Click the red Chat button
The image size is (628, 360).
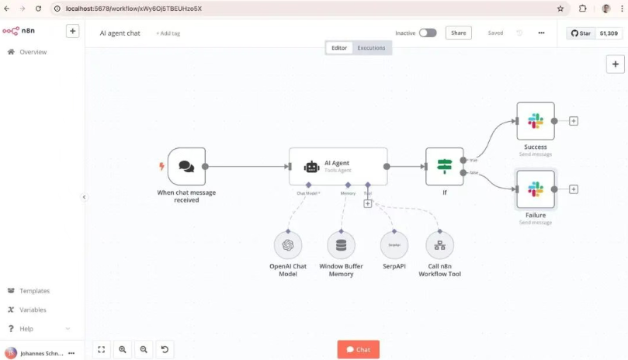tap(358, 350)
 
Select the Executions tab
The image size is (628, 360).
tap(371, 48)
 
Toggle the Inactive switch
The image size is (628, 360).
tap(427, 33)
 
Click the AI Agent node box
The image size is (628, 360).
tap(338, 166)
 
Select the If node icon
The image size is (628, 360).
tap(444, 166)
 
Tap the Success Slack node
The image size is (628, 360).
tap(536, 121)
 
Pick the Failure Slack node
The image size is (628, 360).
tap(536, 189)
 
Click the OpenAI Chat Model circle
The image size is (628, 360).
tap(288, 245)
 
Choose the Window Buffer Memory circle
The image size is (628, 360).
tap(341, 245)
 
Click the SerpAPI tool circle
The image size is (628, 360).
tap(394, 245)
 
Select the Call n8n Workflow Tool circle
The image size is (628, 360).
tap(439, 245)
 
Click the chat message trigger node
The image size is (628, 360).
tap(186, 166)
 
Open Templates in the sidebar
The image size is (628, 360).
tap(34, 291)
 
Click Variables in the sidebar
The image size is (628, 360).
tap(33, 310)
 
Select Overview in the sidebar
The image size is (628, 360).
tap(33, 52)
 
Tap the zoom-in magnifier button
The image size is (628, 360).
tap(123, 350)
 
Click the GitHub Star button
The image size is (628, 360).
tap(581, 33)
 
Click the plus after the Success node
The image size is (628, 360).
tap(574, 121)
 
